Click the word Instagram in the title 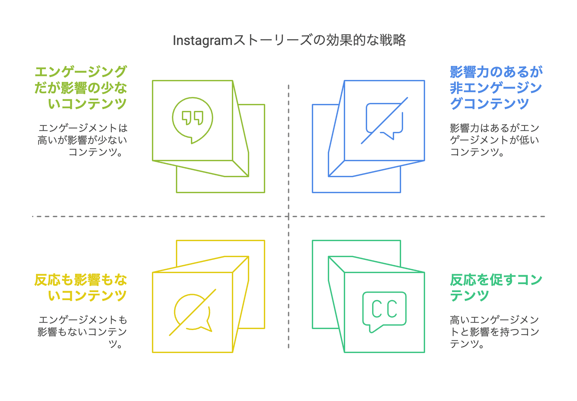(202, 41)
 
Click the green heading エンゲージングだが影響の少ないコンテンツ (81, 88)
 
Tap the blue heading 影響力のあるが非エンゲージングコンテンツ (496, 88)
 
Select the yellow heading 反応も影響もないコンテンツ (81, 288)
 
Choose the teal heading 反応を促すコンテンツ (496, 288)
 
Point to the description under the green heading (83, 140)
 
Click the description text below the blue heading (494, 140)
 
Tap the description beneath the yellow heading (83, 332)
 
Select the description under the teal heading (494, 332)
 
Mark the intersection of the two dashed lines (288, 216)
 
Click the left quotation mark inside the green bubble (187, 118)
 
